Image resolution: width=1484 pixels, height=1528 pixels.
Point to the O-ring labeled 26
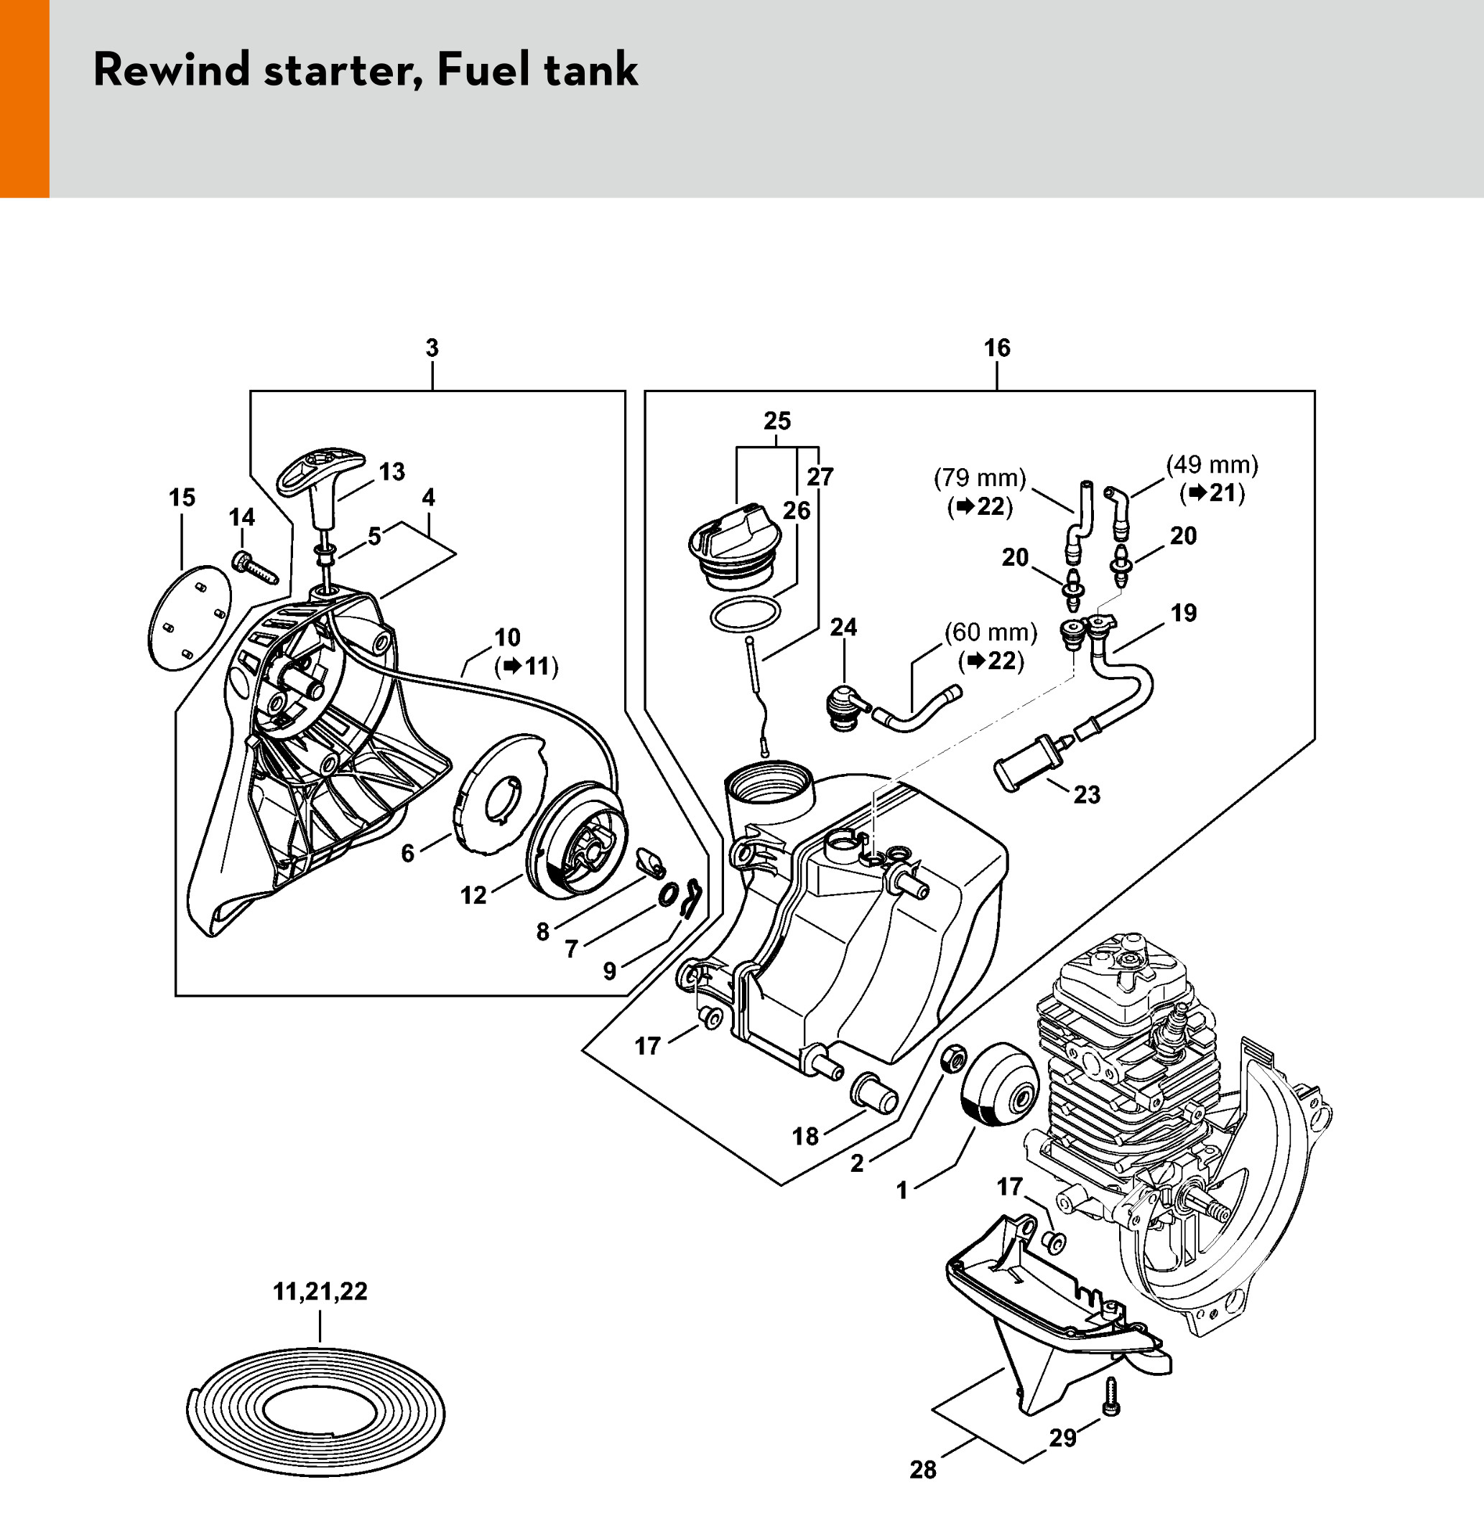[x=745, y=612]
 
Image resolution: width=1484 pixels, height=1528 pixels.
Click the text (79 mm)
[x=980, y=478]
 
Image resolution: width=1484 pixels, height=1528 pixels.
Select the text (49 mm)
[x=1212, y=465]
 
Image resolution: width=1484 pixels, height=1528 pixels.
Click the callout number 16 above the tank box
[x=996, y=348]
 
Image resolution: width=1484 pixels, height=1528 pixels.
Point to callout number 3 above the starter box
[x=432, y=348]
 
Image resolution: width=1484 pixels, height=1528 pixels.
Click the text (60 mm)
[x=991, y=633]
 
